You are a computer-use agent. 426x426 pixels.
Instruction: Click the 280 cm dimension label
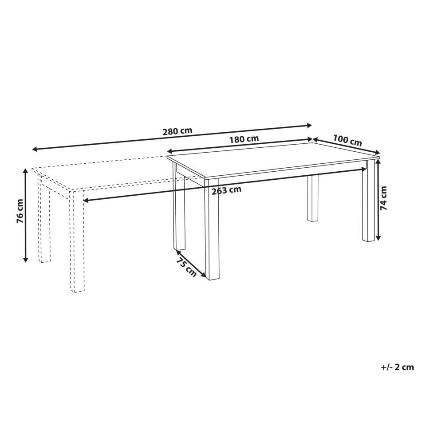coord(177,131)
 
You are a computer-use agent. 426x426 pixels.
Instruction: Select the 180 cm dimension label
coord(244,139)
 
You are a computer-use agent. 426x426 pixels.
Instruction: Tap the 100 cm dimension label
coord(347,141)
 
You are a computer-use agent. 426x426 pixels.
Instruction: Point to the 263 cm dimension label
coord(226,190)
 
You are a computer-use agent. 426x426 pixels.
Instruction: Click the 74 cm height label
coord(383,198)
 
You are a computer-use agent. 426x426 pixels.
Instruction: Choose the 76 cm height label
coord(20,212)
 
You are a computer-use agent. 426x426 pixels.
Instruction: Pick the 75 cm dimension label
coord(186,267)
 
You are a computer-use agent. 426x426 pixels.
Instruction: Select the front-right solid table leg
coord(368,201)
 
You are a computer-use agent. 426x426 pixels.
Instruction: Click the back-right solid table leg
coord(313,198)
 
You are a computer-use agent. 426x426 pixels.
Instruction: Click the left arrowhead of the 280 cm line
coord(35,149)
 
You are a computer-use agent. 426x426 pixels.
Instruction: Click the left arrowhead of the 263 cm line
coord(86,201)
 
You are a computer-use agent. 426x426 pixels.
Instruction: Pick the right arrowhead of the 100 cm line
coord(377,152)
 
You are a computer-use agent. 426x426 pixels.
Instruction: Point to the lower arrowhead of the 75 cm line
coord(203,275)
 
